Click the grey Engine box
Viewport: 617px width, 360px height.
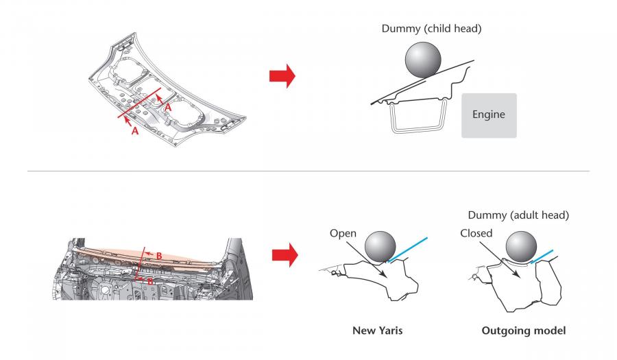coord(489,115)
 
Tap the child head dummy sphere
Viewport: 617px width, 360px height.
coord(423,60)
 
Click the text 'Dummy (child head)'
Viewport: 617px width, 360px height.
coord(431,28)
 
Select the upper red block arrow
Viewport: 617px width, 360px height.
coord(282,76)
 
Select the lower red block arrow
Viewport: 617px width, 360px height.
coord(285,255)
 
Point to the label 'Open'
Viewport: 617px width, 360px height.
coord(343,233)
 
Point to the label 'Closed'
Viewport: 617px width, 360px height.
coord(476,233)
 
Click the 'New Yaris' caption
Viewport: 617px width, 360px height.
coord(377,331)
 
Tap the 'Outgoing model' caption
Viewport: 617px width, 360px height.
coord(523,331)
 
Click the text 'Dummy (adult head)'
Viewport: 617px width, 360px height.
coord(518,215)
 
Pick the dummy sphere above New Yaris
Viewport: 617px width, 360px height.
coord(380,247)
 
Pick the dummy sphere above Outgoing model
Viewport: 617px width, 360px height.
coord(521,247)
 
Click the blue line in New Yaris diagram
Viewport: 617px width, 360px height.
coord(408,250)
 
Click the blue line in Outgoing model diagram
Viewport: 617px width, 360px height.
coord(542,256)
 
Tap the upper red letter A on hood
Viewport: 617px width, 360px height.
coord(168,108)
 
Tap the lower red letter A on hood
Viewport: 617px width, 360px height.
coord(135,131)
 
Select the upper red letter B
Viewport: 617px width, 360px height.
coord(159,256)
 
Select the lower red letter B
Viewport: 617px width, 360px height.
coord(150,282)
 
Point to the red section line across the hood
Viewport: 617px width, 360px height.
coord(139,103)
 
